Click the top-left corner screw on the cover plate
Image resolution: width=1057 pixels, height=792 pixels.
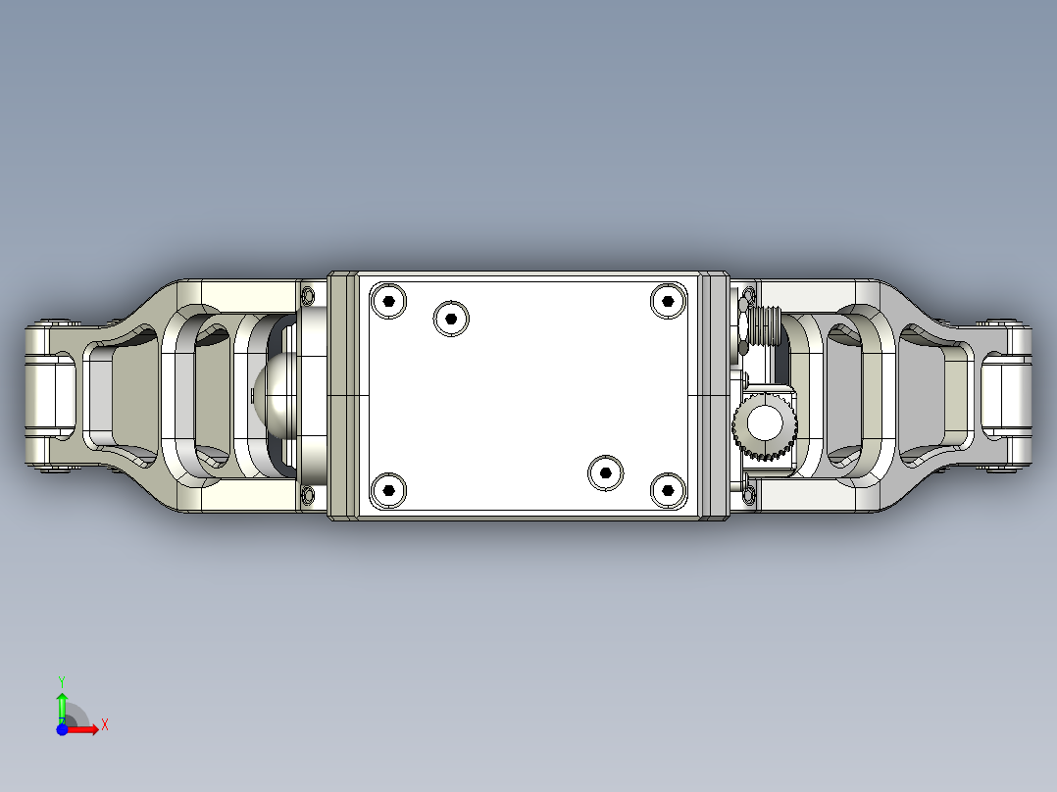click(389, 301)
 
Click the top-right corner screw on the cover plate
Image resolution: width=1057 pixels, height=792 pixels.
click(668, 301)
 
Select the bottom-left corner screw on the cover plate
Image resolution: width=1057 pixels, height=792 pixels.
click(389, 489)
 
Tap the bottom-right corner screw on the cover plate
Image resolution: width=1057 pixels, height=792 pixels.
click(668, 489)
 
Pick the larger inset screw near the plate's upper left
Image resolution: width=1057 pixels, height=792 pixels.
click(451, 317)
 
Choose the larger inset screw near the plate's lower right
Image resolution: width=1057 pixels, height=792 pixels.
click(604, 473)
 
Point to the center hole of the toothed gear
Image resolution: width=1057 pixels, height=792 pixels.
click(763, 424)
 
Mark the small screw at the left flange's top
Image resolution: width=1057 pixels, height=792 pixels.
click(310, 294)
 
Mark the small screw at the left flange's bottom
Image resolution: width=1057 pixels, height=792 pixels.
click(310, 496)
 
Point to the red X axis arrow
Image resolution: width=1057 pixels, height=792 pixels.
click(84, 728)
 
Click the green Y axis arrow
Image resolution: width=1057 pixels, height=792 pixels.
click(62, 706)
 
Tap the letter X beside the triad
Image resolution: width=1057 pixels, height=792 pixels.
click(104, 724)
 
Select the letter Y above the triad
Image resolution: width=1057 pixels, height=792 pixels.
click(62, 680)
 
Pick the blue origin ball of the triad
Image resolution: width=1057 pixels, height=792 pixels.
click(62, 729)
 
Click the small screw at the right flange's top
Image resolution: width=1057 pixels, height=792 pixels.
click(750, 294)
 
